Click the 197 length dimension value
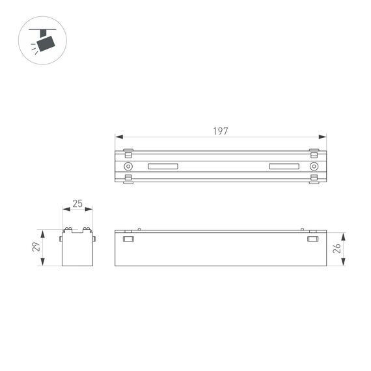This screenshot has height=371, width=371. (x=221, y=131)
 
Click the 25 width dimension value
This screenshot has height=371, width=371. (x=77, y=204)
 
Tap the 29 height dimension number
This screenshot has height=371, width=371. (x=36, y=247)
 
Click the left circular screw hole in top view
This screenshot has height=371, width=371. (x=128, y=167)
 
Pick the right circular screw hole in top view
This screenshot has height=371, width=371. (x=314, y=167)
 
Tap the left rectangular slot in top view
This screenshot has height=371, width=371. (x=163, y=167)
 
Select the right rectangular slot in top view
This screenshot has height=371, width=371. (x=284, y=167)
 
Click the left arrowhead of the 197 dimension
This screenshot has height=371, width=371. (x=118, y=137)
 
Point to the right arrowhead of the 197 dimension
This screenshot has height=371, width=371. (x=323, y=137)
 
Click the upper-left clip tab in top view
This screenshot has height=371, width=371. (x=128, y=155)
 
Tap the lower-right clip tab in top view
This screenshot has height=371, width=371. (x=314, y=178)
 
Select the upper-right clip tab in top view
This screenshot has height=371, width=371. (x=314, y=155)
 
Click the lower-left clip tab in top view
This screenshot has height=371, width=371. (x=128, y=178)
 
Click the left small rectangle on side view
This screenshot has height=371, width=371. (x=128, y=240)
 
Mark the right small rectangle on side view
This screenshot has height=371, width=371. (x=314, y=240)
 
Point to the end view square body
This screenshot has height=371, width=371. (x=77, y=249)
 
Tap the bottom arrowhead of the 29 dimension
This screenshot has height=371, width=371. (x=43, y=263)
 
